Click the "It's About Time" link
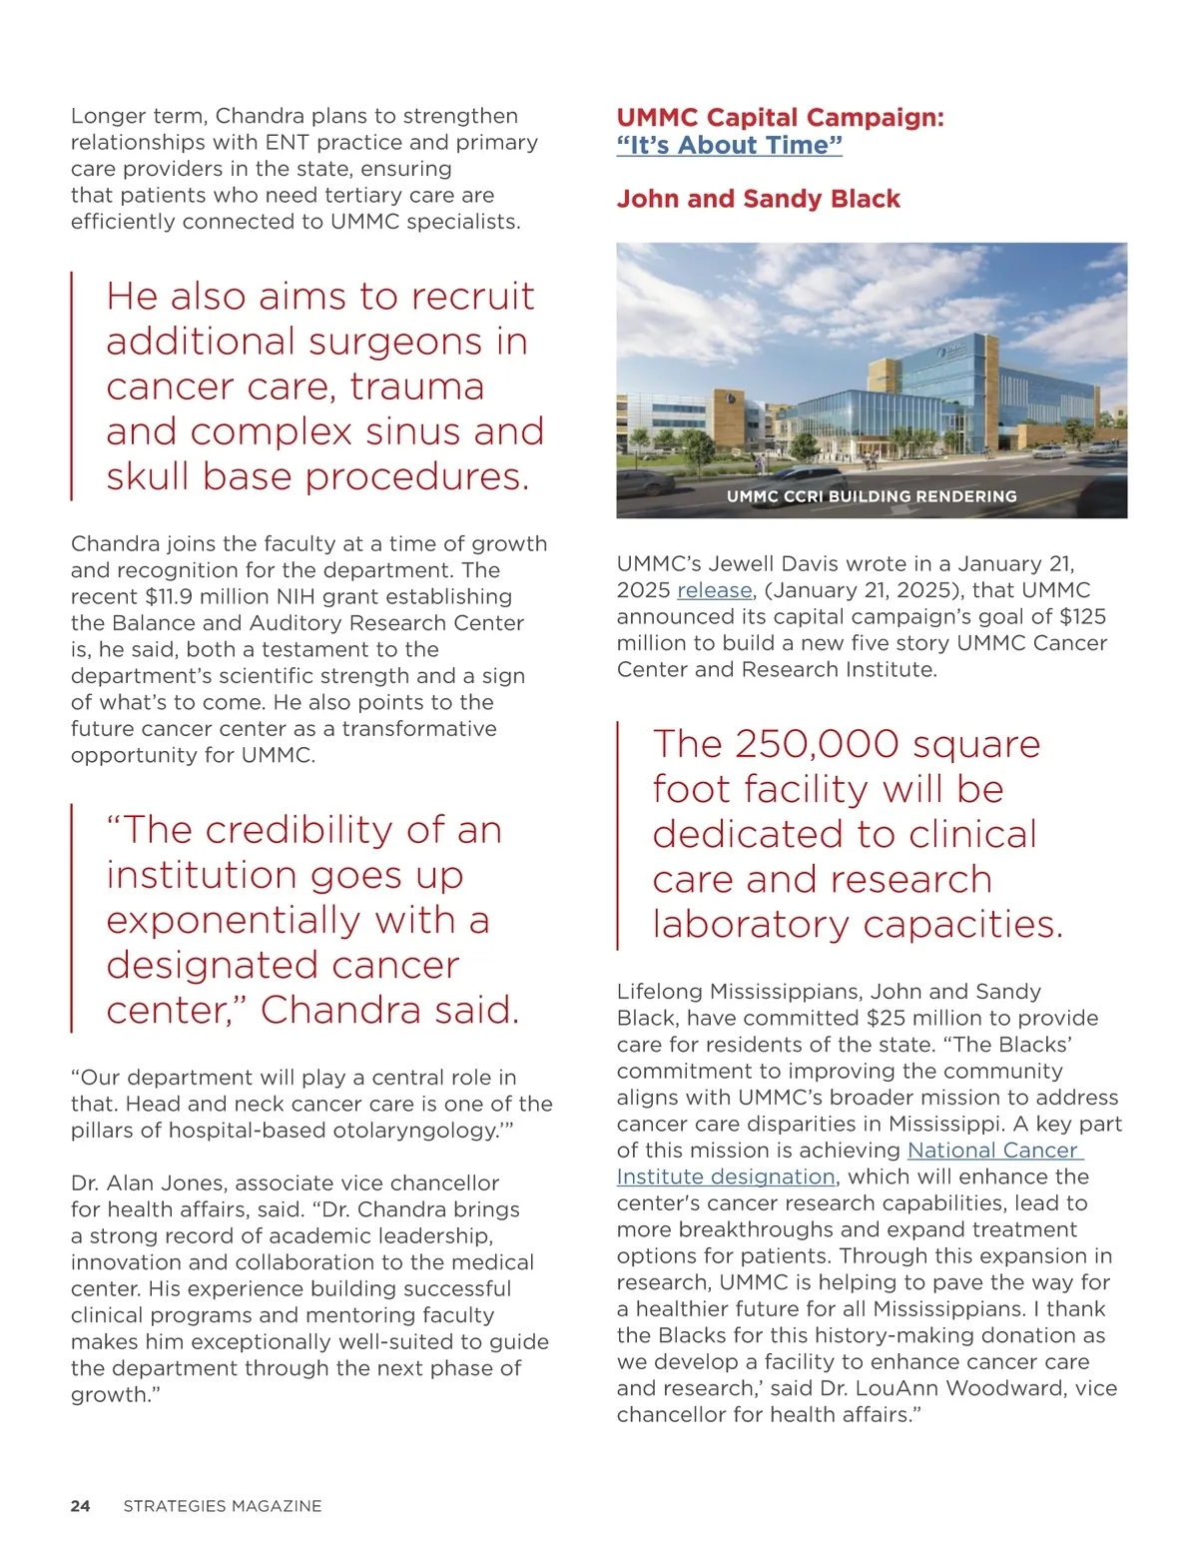[x=729, y=146]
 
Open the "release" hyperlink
[x=714, y=590]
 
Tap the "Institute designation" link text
[x=725, y=1176]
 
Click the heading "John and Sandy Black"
[x=758, y=199]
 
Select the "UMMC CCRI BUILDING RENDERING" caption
[x=872, y=496]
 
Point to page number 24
[x=80, y=1506]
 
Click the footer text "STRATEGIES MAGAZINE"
[x=222, y=1506]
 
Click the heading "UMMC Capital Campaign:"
[x=780, y=118]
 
